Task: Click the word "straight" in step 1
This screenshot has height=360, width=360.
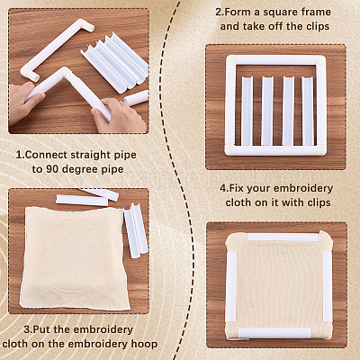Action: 91,155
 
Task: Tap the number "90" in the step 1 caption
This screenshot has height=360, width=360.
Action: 51,169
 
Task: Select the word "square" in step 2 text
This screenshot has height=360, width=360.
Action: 283,13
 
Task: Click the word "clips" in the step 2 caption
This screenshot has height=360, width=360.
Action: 318,26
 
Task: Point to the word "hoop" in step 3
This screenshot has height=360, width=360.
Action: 146,344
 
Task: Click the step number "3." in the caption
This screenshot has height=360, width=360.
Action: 28,329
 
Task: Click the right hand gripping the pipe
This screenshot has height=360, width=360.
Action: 120,115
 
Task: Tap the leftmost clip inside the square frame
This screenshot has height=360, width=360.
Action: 247,111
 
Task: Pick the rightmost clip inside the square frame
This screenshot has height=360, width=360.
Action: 307,111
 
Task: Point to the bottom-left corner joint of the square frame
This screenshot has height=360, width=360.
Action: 231,149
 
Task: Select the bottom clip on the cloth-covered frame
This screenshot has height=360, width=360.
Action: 274,333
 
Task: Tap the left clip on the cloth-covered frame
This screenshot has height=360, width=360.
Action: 231,286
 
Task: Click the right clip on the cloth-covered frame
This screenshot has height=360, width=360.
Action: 327,285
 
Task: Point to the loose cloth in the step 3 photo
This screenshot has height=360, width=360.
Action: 75,258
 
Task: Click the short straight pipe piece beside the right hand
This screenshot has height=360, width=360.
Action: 136,98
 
